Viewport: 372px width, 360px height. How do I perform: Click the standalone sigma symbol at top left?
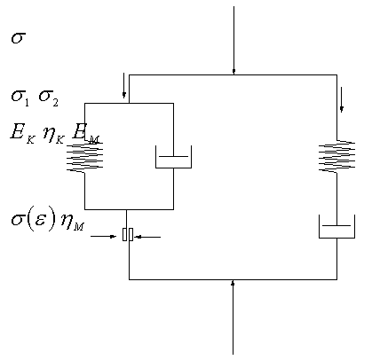(19, 38)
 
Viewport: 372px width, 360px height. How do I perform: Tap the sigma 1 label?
(20, 98)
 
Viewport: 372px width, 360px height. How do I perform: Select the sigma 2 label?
(49, 98)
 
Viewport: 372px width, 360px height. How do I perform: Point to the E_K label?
(22, 133)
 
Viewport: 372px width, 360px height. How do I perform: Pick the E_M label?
(86, 134)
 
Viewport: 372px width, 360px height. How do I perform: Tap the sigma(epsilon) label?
(34, 220)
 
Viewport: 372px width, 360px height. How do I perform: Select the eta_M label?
(72, 222)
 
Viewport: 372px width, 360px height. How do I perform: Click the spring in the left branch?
(84, 157)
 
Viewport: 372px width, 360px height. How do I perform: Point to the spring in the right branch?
(336, 156)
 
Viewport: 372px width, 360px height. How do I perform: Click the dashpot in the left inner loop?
(173, 157)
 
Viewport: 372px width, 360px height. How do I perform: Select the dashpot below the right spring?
(336, 227)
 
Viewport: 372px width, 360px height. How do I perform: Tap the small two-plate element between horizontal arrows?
(128, 234)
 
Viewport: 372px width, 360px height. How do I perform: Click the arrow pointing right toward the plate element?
(103, 236)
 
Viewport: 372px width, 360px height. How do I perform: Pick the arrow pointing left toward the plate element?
(147, 237)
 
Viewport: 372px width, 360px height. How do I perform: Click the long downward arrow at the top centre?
(233, 40)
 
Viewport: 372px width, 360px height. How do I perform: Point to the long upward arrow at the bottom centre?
(233, 317)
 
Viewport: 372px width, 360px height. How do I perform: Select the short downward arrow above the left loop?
(123, 85)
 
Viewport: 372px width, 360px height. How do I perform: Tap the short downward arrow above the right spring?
(342, 99)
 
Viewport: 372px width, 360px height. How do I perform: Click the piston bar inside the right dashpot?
(336, 226)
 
